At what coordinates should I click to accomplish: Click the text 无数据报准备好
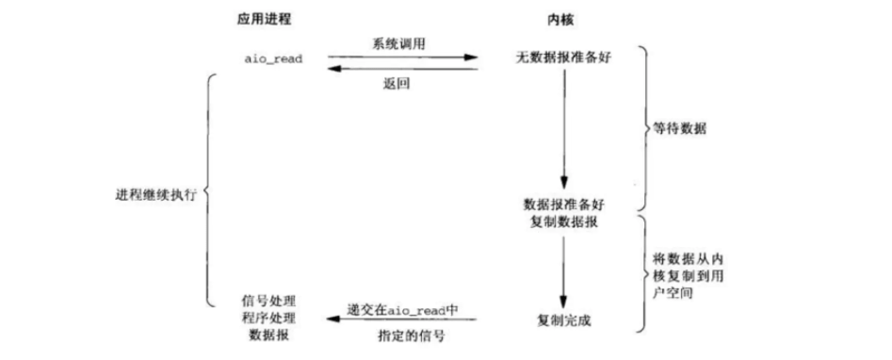tap(562, 58)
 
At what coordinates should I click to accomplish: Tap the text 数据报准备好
tap(562, 204)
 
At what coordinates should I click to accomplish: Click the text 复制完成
tap(562, 320)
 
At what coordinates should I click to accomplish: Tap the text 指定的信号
tap(401, 335)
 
